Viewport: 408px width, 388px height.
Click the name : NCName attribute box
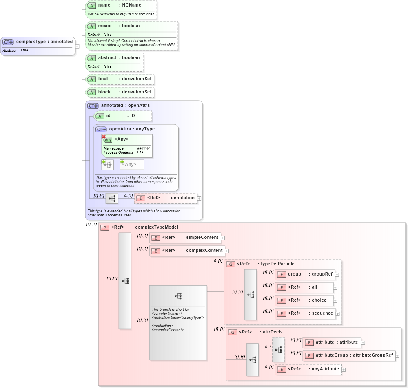pos(121,6)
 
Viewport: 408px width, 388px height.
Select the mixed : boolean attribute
pos(131,26)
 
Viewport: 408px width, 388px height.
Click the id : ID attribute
pos(122,116)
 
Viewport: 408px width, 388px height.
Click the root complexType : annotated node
pos(38,42)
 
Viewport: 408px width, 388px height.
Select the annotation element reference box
pos(166,198)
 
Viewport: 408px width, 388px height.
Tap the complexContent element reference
pos(187,251)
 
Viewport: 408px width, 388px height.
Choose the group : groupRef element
pos(304,274)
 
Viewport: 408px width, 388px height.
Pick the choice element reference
pos(304,300)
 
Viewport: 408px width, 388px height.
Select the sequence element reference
pos(305,313)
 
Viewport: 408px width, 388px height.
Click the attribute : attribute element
pos(331,342)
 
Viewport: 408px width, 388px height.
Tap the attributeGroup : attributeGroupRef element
pos(349,355)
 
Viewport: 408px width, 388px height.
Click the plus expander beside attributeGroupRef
pos(397,356)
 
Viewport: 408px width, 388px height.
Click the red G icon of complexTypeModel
pos(105,227)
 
